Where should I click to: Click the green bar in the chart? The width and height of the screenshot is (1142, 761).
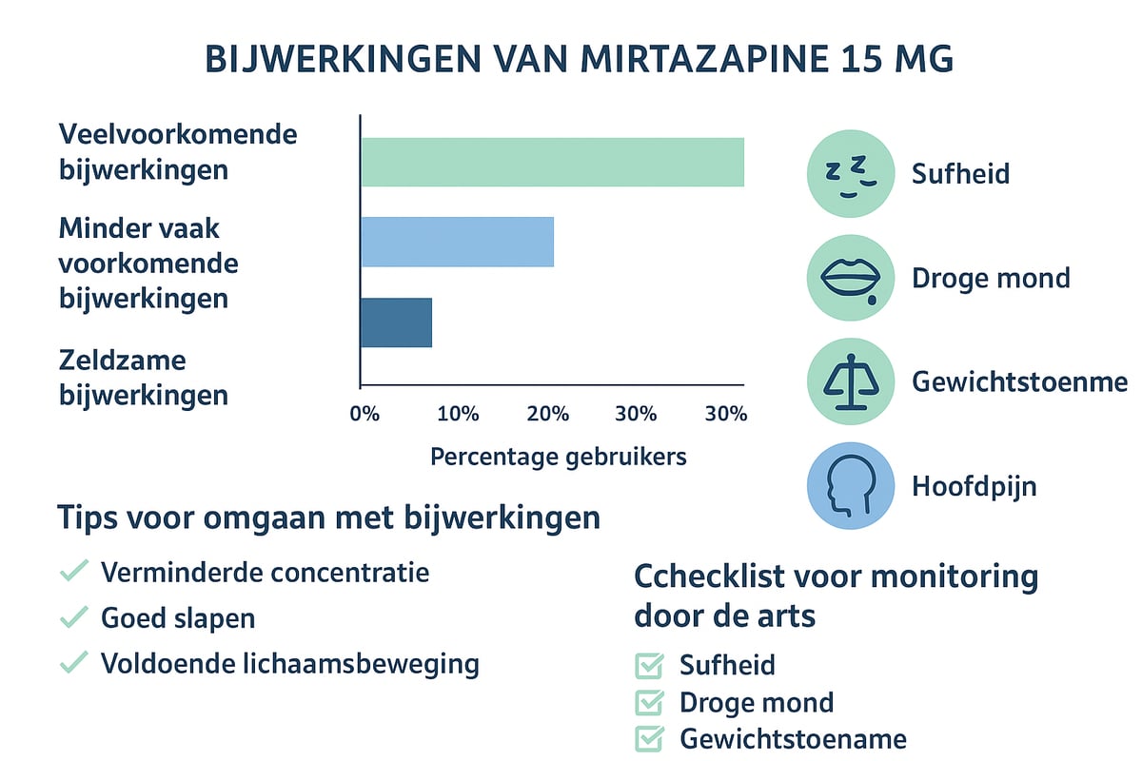point(552,162)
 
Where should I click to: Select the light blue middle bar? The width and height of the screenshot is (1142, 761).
point(457,242)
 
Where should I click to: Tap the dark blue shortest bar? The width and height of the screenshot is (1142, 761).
point(396,322)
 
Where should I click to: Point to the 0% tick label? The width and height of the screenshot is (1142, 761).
point(364,415)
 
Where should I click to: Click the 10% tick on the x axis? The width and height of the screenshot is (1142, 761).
point(458,415)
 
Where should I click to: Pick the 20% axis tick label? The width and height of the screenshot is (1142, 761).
point(548,415)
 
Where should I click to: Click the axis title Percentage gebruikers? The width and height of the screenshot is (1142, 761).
point(558,457)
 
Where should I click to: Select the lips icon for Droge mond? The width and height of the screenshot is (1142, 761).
point(851,279)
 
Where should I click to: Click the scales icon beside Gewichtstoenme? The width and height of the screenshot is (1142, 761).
point(851,382)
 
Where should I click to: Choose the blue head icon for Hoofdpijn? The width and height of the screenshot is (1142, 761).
point(851,487)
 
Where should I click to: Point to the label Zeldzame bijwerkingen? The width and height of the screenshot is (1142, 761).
point(143,377)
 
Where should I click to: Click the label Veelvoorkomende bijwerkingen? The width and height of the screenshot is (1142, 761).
point(177,151)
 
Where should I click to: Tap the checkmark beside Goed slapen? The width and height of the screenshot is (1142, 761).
point(73,618)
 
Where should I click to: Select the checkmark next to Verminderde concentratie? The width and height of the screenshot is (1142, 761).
point(73,573)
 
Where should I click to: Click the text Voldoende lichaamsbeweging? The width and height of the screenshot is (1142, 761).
point(289,663)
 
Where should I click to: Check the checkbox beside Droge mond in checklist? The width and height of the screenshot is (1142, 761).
point(649,703)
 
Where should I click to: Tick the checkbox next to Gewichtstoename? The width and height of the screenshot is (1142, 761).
point(649,738)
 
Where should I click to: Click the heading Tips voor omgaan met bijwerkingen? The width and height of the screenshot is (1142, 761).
point(328,518)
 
